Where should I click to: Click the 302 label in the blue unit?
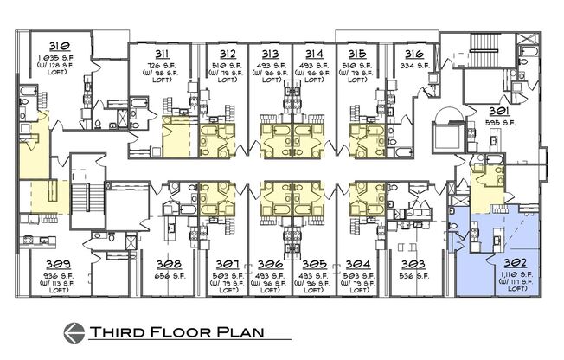pos(496,260)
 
